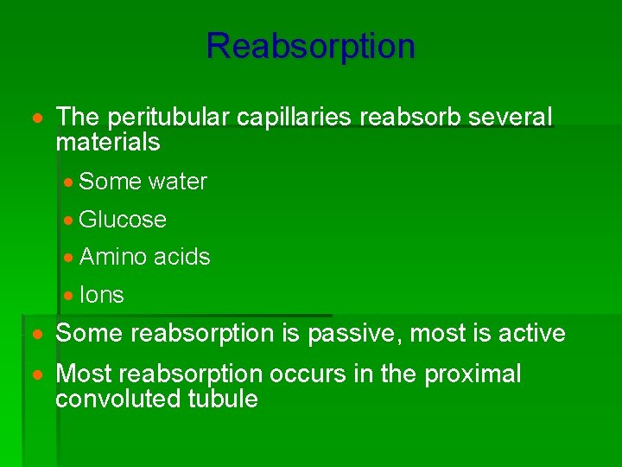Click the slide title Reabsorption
pos(310,45)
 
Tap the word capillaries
pos(292,117)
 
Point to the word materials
pos(108,141)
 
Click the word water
pos(178,182)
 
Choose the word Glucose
pos(123,220)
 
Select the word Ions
pos(101,295)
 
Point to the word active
pos(533,333)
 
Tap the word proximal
pos(473,374)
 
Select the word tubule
pos(223,399)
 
